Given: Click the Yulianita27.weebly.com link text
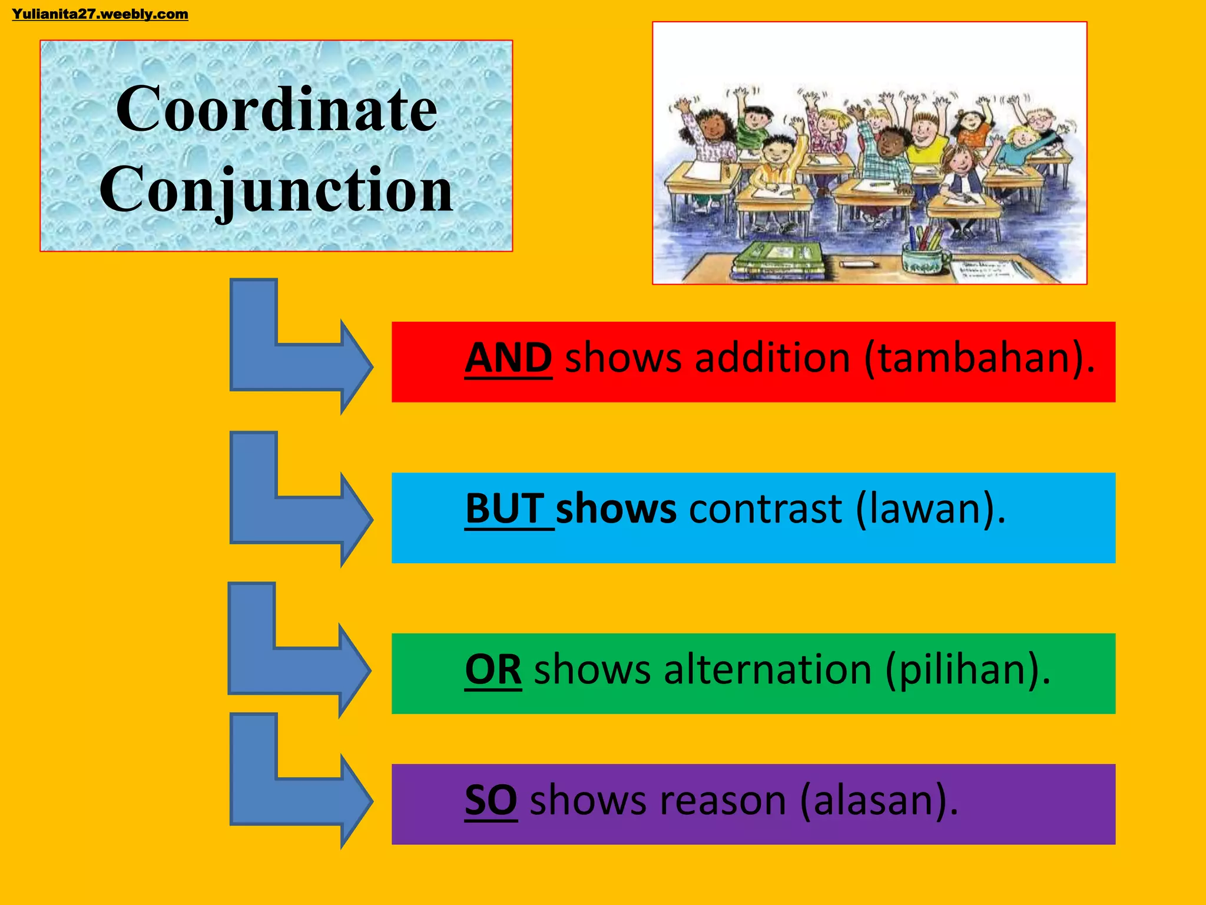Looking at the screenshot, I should pyautogui.click(x=100, y=14).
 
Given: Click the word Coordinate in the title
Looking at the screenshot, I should pyautogui.click(x=277, y=110).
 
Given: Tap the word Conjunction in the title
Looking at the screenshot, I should pyautogui.click(x=277, y=190).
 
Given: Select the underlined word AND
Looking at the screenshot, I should pyautogui.click(x=508, y=358).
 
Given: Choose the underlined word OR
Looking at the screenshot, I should pyautogui.click(x=493, y=670).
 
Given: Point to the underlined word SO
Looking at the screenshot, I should pyautogui.click(x=491, y=801).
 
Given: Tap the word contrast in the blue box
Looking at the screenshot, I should pyautogui.click(x=766, y=508).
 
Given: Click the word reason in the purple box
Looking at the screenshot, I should pyautogui.click(x=723, y=801).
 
